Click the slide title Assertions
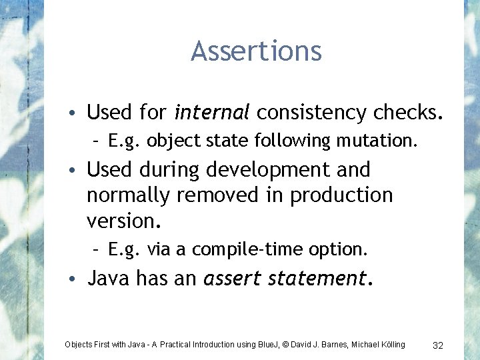click(x=256, y=51)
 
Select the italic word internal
click(x=211, y=113)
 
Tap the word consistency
click(x=311, y=113)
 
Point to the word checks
click(x=408, y=113)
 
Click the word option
click(x=339, y=249)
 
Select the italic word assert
click(x=233, y=277)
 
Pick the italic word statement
click(x=319, y=277)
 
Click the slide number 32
click(x=438, y=345)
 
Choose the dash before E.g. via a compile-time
click(x=97, y=250)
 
